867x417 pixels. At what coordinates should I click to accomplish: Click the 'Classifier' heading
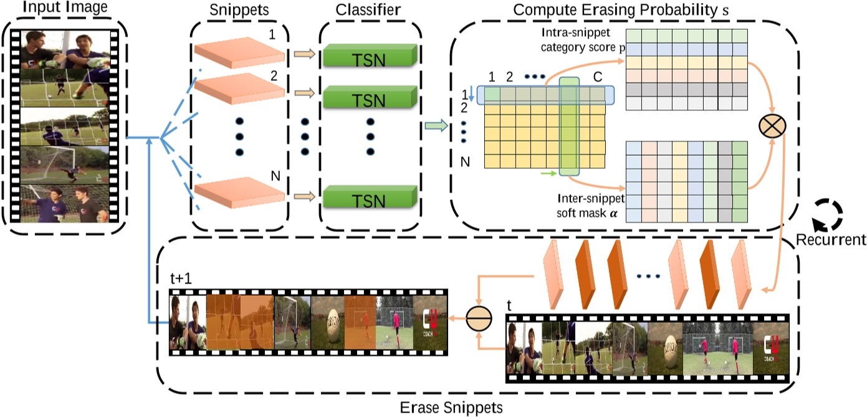click(x=367, y=11)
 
